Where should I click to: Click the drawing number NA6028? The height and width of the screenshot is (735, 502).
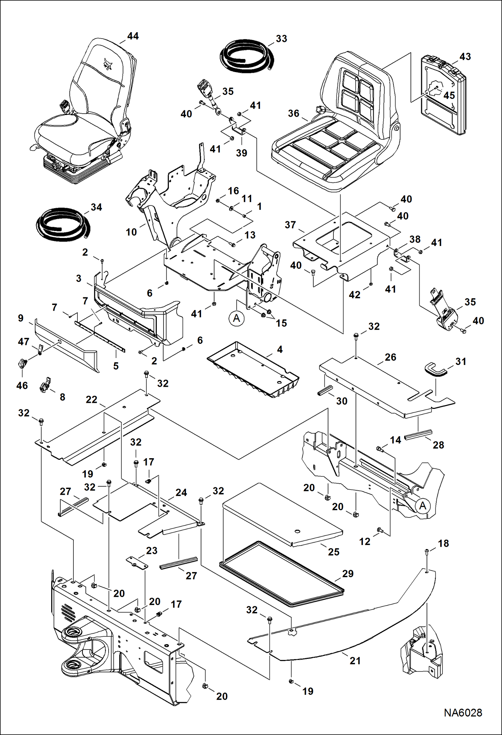tap(463, 713)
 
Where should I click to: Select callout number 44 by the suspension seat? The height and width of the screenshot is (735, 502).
tap(133, 36)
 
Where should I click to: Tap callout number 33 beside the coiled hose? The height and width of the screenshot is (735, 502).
tap(281, 39)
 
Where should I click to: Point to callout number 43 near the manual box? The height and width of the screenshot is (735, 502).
tap(465, 57)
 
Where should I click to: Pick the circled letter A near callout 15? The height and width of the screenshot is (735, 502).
tap(237, 318)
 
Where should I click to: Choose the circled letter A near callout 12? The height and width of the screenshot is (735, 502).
tap(423, 505)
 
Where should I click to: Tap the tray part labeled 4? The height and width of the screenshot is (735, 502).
tap(255, 370)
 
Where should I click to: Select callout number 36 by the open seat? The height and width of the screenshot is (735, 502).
tap(293, 113)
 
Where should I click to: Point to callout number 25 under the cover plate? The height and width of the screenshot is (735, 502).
tap(333, 552)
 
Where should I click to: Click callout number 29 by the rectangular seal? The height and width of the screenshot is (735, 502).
tap(348, 573)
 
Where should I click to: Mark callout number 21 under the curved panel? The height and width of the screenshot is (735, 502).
tap(355, 661)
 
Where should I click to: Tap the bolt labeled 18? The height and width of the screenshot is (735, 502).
tap(427, 551)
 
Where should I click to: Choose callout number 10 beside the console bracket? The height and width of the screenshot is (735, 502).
tap(131, 232)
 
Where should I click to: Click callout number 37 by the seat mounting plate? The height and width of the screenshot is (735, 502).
tap(290, 225)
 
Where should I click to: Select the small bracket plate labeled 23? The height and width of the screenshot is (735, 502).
tap(137, 564)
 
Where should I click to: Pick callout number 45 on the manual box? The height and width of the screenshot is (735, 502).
tap(449, 95)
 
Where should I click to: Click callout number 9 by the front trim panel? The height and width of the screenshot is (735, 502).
tap(21, 318)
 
